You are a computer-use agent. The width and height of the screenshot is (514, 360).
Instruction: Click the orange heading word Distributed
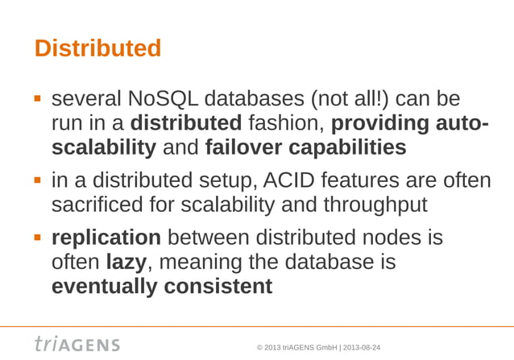coord(97,48)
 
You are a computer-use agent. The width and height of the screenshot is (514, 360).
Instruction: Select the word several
coord(86,100)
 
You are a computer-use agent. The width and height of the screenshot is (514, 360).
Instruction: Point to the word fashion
coord(286,125)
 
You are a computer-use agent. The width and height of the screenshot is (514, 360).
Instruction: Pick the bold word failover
coord(243,149)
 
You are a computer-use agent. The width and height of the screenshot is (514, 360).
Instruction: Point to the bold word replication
coord(106,239)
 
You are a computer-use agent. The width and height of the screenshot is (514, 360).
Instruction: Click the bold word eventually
coord(102,288)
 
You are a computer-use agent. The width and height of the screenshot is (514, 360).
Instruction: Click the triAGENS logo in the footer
coord(77,345)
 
